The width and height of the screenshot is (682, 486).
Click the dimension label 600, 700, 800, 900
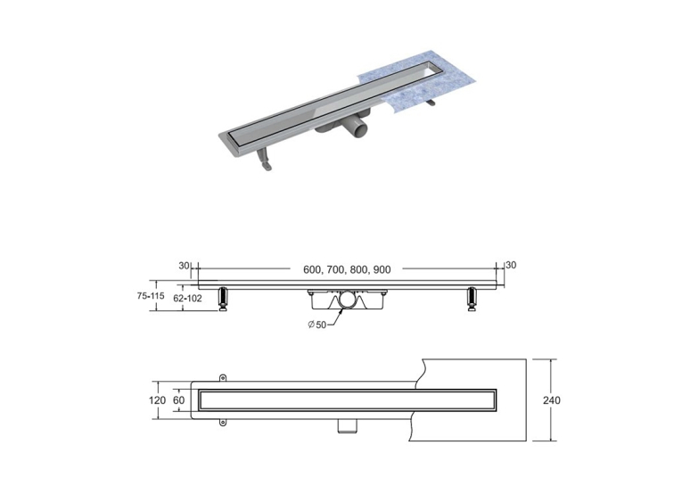point(347,270)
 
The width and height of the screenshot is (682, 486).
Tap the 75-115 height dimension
point(151,296)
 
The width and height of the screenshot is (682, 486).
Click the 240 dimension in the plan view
point(552,400)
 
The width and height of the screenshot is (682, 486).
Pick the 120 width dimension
point(157,400)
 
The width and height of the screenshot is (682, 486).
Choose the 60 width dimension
point(179,400)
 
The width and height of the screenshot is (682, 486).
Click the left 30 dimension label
point(184,266)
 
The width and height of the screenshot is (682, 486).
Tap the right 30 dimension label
point(511,265)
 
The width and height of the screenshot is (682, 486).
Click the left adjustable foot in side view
point(223,299)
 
